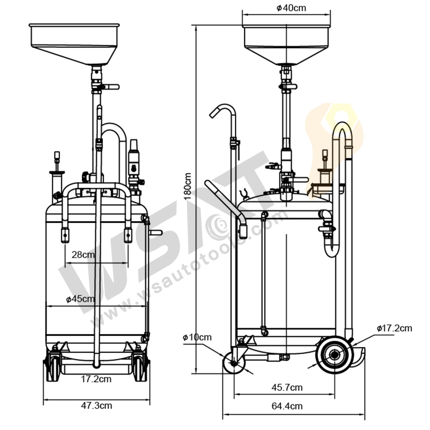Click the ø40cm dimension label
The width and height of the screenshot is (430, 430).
point(292,8)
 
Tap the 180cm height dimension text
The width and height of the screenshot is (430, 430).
point(187,186)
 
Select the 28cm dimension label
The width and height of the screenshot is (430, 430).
point(83,255)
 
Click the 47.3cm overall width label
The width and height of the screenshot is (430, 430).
point(97,405)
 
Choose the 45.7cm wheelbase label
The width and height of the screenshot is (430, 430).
point(287,387)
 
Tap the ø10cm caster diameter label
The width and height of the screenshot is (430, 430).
point(197,337)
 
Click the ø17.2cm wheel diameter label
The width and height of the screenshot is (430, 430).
point(394,329)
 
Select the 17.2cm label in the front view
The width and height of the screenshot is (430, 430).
point(97,379)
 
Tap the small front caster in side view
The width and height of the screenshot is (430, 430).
point(234,364)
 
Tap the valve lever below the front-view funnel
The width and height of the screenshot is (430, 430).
point(111,87)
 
